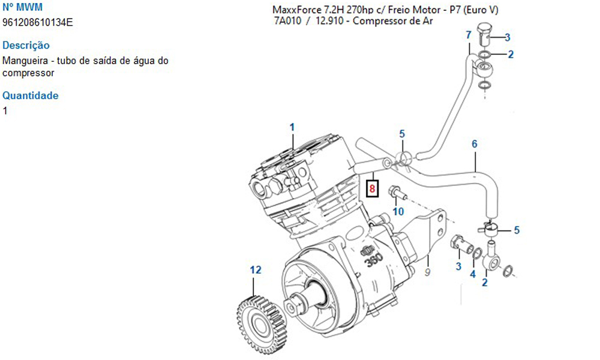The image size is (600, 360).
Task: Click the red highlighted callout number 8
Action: (x=373, y=188)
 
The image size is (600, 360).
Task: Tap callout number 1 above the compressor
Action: (x=292, y=127)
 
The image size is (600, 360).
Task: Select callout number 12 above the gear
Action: (x=256, y=270)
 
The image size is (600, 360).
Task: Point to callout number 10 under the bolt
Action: (x=398, y=211)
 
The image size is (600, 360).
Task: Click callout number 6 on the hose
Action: (x=474, y=144)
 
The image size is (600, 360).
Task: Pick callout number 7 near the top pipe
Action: (x=469, y=35)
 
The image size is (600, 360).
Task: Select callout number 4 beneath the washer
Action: (x=472, y=274)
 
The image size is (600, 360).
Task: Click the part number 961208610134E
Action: (x=38, y=22)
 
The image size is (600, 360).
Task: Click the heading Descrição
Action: (x=26, y=45)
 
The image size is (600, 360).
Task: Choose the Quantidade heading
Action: (x=31, y=95)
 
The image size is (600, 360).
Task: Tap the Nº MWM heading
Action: (x=22, y=7)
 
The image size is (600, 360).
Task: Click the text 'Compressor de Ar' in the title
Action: (x=393, y=22)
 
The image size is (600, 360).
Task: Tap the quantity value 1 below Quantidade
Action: (x=5, y=110)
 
